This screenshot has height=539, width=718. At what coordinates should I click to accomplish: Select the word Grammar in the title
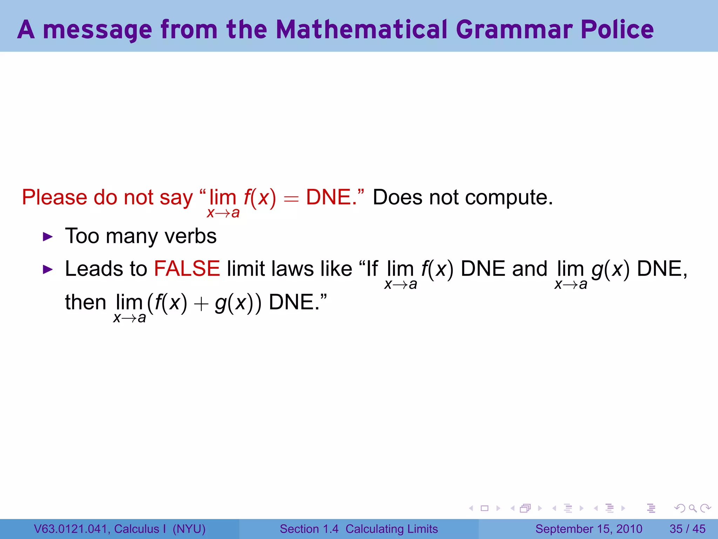[x=514, y=30]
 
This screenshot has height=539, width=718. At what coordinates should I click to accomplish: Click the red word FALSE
[x=187, y=269]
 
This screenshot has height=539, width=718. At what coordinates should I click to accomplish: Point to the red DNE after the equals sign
[x=328, y=197]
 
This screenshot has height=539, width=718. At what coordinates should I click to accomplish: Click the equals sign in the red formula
[x=291, y=199]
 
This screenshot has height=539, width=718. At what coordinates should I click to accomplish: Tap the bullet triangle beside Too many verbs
[x=48, y=237]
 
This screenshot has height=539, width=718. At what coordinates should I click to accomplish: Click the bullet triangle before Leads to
[x=48, y=269]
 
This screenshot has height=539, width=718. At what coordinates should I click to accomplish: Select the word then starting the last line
[x=86, y=302]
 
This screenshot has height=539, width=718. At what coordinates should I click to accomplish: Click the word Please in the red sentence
[x=54, y=198]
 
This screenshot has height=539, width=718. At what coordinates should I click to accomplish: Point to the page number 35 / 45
[x=687, y=529]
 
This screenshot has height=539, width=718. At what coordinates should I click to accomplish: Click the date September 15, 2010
[x=589, y=529]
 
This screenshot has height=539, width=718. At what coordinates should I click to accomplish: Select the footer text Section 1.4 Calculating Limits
[x=359, y=529]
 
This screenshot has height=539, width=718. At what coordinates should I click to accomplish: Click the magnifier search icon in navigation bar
[x=692, y=508]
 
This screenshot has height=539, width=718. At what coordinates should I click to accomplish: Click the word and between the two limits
[x=529, y=269]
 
